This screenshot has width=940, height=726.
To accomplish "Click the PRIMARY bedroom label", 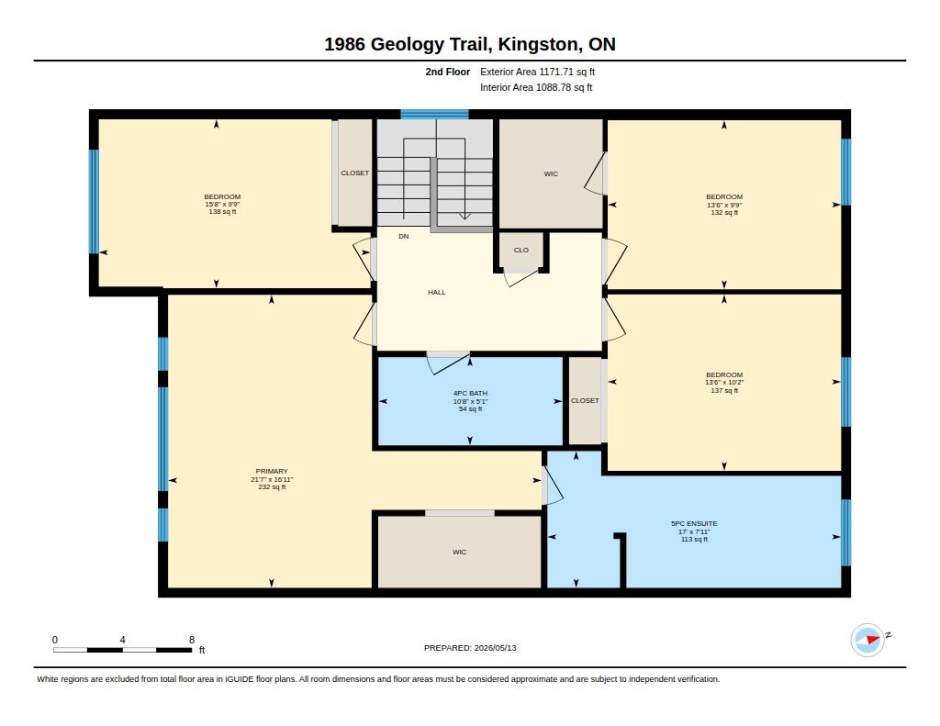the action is point(272,471).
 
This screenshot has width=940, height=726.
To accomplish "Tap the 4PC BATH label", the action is point(470,393).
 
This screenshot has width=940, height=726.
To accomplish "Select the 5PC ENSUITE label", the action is point(694,523).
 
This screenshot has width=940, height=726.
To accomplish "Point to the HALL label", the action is point(436,292).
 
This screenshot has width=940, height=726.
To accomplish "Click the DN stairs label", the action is point(404,236).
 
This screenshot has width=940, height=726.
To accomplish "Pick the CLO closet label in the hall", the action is point(521,250).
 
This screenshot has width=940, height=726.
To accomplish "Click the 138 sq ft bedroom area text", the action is point(222,212).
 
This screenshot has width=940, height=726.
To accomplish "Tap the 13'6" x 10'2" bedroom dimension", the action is point(724,382).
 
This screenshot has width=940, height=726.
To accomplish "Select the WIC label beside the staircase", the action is point(551,173).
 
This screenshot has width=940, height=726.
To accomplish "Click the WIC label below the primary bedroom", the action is point(459,552).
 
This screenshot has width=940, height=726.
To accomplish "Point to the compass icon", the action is point(867,640).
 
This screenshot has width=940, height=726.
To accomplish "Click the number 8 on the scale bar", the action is point(192,640).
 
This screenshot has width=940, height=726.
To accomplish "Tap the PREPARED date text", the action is point(470,647).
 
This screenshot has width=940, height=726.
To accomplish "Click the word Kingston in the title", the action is point(539,44).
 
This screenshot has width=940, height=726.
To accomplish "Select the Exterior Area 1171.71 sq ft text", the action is point(537,72).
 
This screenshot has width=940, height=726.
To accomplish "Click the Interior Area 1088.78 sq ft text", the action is point(536,87).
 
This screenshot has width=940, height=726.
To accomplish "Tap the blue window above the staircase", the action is point(434,115).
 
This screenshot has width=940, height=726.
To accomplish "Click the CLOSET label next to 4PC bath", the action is point(585,400).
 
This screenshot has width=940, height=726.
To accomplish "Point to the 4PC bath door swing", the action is point(448,363).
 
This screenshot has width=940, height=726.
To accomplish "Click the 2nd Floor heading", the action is point(448,72).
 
